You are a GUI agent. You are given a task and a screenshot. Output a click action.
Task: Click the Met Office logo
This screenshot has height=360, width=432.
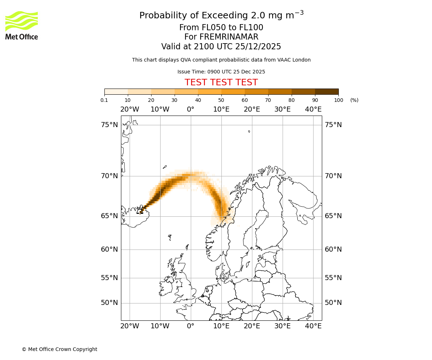tap(22, 25)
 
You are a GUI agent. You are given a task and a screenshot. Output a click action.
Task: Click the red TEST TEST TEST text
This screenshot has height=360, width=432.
tap(221, 82)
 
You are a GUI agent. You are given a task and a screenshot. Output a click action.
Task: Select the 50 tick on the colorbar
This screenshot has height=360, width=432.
tap(221, 100)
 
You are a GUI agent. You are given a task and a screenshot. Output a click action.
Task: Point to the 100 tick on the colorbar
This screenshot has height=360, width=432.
tap(338, 100)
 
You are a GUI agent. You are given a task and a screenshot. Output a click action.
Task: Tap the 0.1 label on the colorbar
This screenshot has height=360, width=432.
tap(104, 100)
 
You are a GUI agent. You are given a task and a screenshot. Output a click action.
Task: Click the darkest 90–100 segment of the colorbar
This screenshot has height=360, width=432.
tap(327, 91)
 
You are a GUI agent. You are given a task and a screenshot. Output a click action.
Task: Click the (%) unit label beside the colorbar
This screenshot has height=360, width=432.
tap(354, 100)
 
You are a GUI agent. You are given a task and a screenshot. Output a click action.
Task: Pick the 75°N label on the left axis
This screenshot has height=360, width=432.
tap(109, 125)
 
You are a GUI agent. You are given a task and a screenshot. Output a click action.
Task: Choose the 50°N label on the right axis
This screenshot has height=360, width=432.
tap(333, 303)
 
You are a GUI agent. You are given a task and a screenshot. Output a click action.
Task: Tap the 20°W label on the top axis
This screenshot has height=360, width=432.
tap(130, 109)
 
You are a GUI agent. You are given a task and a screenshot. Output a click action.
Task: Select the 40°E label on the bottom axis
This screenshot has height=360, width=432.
tap(313, 326)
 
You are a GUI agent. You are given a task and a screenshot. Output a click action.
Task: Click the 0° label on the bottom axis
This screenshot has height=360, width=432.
tap(191, 326)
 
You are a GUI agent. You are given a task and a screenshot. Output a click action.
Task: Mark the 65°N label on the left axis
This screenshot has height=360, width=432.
tap(109, 216)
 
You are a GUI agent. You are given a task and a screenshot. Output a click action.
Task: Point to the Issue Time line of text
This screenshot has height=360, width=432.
tap(221, 72)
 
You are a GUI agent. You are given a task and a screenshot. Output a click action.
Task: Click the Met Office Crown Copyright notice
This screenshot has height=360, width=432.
tap(59, 349)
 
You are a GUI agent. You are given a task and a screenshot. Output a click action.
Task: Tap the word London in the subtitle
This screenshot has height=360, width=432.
tap(301, 60)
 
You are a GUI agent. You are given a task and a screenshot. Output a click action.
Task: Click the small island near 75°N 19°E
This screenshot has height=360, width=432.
tap(249, 131)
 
